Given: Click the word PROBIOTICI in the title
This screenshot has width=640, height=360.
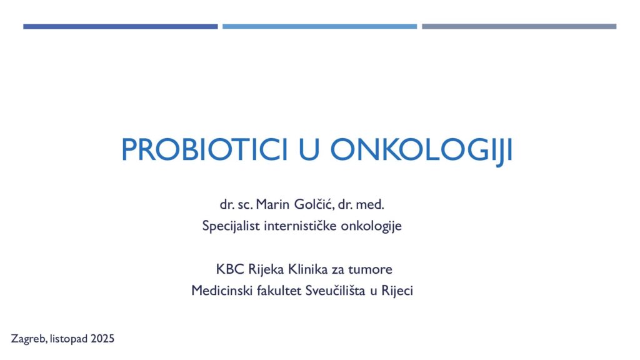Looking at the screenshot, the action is [x=204, y=150].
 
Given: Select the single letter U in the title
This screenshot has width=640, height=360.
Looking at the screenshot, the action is [x=309, y=150].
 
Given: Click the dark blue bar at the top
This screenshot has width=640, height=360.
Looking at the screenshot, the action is [x=121, y=26].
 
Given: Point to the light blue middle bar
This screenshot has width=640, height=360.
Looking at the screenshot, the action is [x=319, y=26].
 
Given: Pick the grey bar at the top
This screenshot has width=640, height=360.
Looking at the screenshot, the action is [x=519, y=26].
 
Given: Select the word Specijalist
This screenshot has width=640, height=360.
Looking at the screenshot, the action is [x=231, y=226].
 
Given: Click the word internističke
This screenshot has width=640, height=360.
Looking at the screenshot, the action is [x=301, y=225].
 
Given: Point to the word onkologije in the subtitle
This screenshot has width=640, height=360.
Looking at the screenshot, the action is [x=371, y=226].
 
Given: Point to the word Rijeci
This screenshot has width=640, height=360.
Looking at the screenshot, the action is [x=397, y=291].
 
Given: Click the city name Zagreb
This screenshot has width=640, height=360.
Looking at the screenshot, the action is [x=29, y=339].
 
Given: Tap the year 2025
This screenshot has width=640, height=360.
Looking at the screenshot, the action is [x=102, y=339].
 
